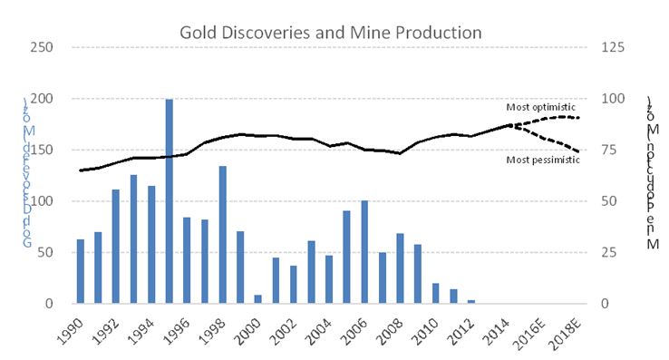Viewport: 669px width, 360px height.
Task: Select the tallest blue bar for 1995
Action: click(170, 201)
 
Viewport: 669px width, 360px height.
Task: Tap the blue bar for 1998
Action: click(222, 235)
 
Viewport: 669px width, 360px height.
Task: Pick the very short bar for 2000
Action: click(258, 299)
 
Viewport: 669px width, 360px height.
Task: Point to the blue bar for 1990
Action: click(81, 271)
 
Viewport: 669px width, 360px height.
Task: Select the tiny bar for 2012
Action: click(470, 301)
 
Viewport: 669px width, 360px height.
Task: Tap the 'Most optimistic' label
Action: click(540, 107)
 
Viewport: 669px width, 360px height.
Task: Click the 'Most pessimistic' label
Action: click(542, 161)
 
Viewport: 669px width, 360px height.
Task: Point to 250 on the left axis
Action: click(44, 47)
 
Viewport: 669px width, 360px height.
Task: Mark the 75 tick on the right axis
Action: click(610, 150)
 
